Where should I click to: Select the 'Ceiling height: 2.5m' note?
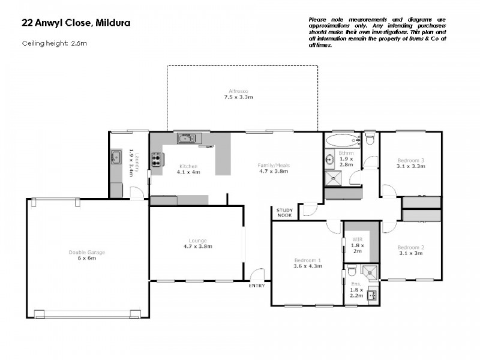55,43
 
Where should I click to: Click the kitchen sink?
186,139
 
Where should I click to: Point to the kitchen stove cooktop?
157,159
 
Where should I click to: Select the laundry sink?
116,158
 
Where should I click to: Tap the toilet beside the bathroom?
370,140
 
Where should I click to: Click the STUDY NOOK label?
284,212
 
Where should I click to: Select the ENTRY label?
257,286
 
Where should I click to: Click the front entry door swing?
257,274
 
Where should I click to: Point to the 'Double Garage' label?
86,252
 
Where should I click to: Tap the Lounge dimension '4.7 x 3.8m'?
197,247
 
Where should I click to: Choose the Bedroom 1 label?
307,260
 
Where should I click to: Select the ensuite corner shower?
371,271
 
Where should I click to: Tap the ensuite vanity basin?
372,295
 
